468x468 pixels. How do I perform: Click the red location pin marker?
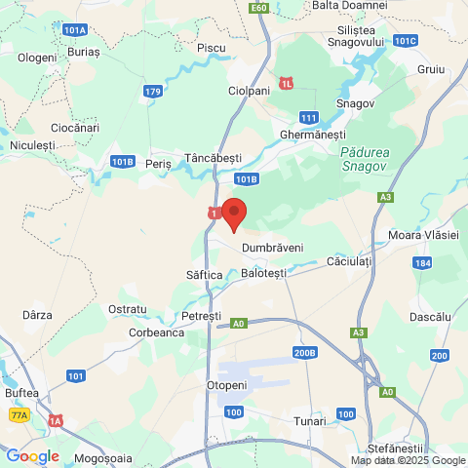click(x=234, y=213)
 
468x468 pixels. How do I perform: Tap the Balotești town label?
click(x=263, y=274)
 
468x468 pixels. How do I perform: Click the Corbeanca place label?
click(x=157, y=332)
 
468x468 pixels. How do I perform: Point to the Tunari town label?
click(x=310, y=421)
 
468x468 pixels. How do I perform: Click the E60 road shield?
click(x=258, y=8)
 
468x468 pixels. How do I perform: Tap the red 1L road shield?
click(x=286, y=83)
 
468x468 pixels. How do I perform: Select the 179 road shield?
click(x=151, y=92)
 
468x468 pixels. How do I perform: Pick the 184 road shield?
click(x=422, y=263)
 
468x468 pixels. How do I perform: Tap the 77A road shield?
click(x=19, y=415)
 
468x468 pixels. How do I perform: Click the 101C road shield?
click(x=407, y=40)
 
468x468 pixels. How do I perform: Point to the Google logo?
click(x=32, y=456)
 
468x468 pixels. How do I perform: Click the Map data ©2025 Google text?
click(x=409, y=461)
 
